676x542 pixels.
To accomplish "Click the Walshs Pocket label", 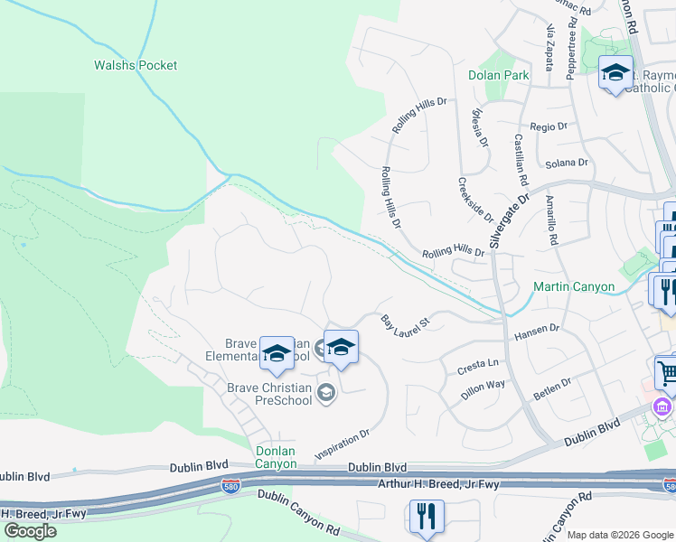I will [136, 65].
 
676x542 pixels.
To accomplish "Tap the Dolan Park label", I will [498, 75].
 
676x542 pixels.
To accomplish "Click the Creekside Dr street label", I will [475, 199].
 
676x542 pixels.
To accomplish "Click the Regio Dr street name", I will [549, 126].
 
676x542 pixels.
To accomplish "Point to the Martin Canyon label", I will [574, 287].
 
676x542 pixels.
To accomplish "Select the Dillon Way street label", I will [483, 390].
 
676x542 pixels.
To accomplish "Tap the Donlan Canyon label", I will [275, 456].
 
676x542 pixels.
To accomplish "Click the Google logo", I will [30, 531].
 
